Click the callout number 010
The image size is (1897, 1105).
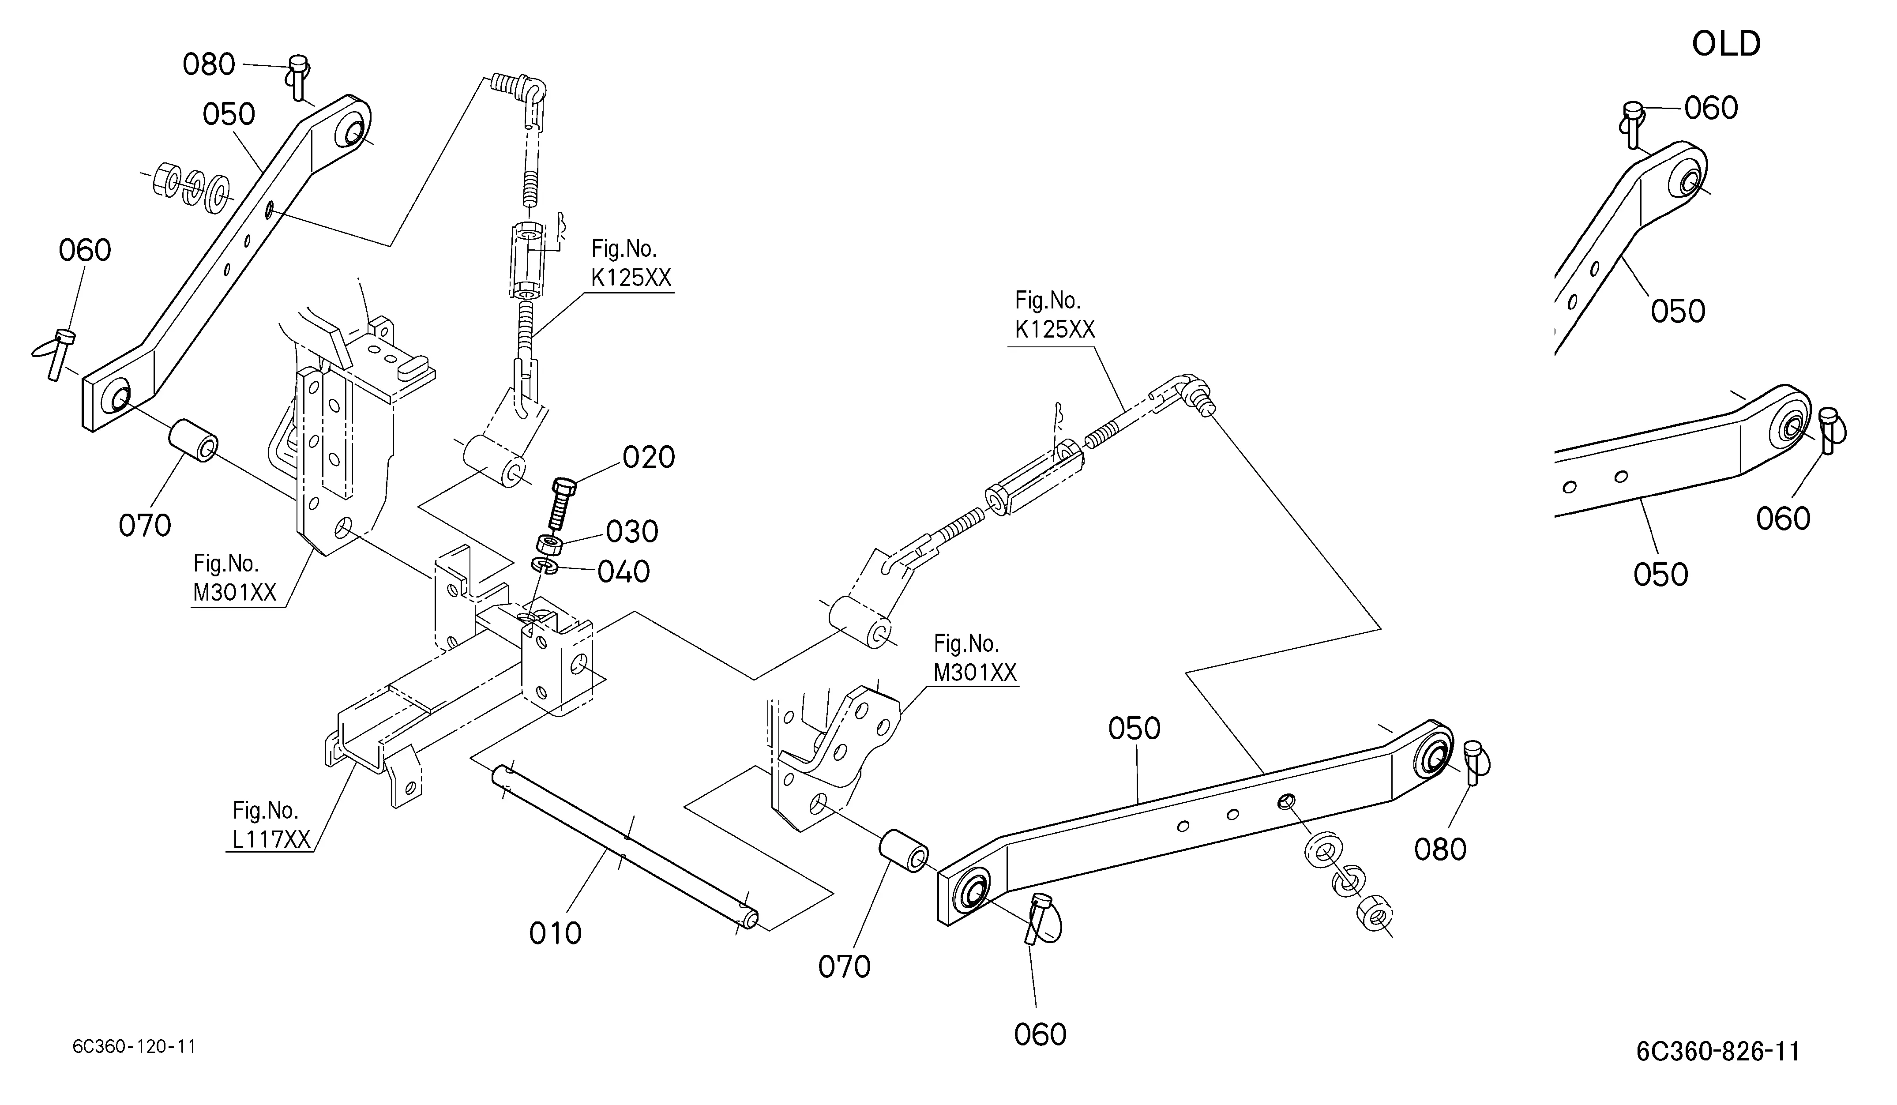(556, 933)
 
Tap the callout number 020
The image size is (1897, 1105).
(649, 458)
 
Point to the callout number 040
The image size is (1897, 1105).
(624, 572)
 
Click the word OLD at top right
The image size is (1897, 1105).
(1726, 45)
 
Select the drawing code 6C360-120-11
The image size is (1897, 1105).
(134, 1046)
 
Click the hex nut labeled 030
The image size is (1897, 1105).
(549, 544)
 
